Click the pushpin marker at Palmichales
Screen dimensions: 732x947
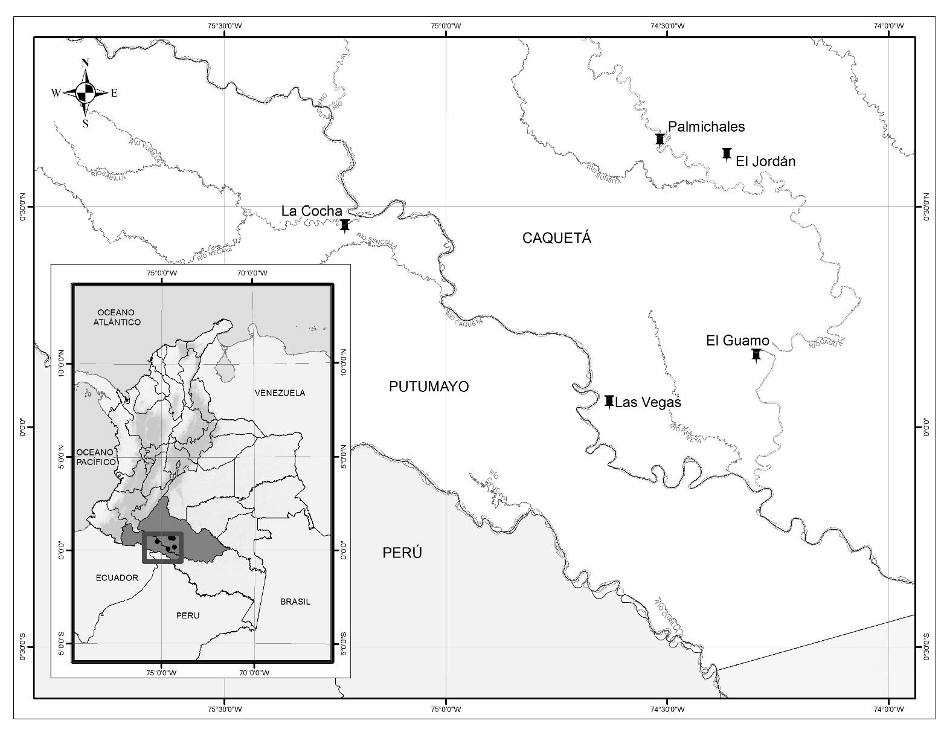660,140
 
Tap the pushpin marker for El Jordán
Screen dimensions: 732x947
727,154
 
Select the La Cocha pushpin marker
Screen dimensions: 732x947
345,225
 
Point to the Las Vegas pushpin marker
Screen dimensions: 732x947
609,401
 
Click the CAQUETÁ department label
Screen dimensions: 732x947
556,238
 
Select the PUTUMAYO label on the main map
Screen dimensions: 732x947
429,387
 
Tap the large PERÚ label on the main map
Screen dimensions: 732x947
402,553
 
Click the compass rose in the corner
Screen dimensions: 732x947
85,92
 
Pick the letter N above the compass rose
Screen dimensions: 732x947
85,63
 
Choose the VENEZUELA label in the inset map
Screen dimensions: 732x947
280,393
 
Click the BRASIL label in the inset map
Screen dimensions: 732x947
295,602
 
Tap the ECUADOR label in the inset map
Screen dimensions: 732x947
117,578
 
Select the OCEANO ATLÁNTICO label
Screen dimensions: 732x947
117,317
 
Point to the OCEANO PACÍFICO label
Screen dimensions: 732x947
95,457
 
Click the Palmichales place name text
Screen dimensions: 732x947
706,127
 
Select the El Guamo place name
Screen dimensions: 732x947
737,341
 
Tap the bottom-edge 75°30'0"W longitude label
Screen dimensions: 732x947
225,709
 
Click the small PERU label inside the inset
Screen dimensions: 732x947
187,615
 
